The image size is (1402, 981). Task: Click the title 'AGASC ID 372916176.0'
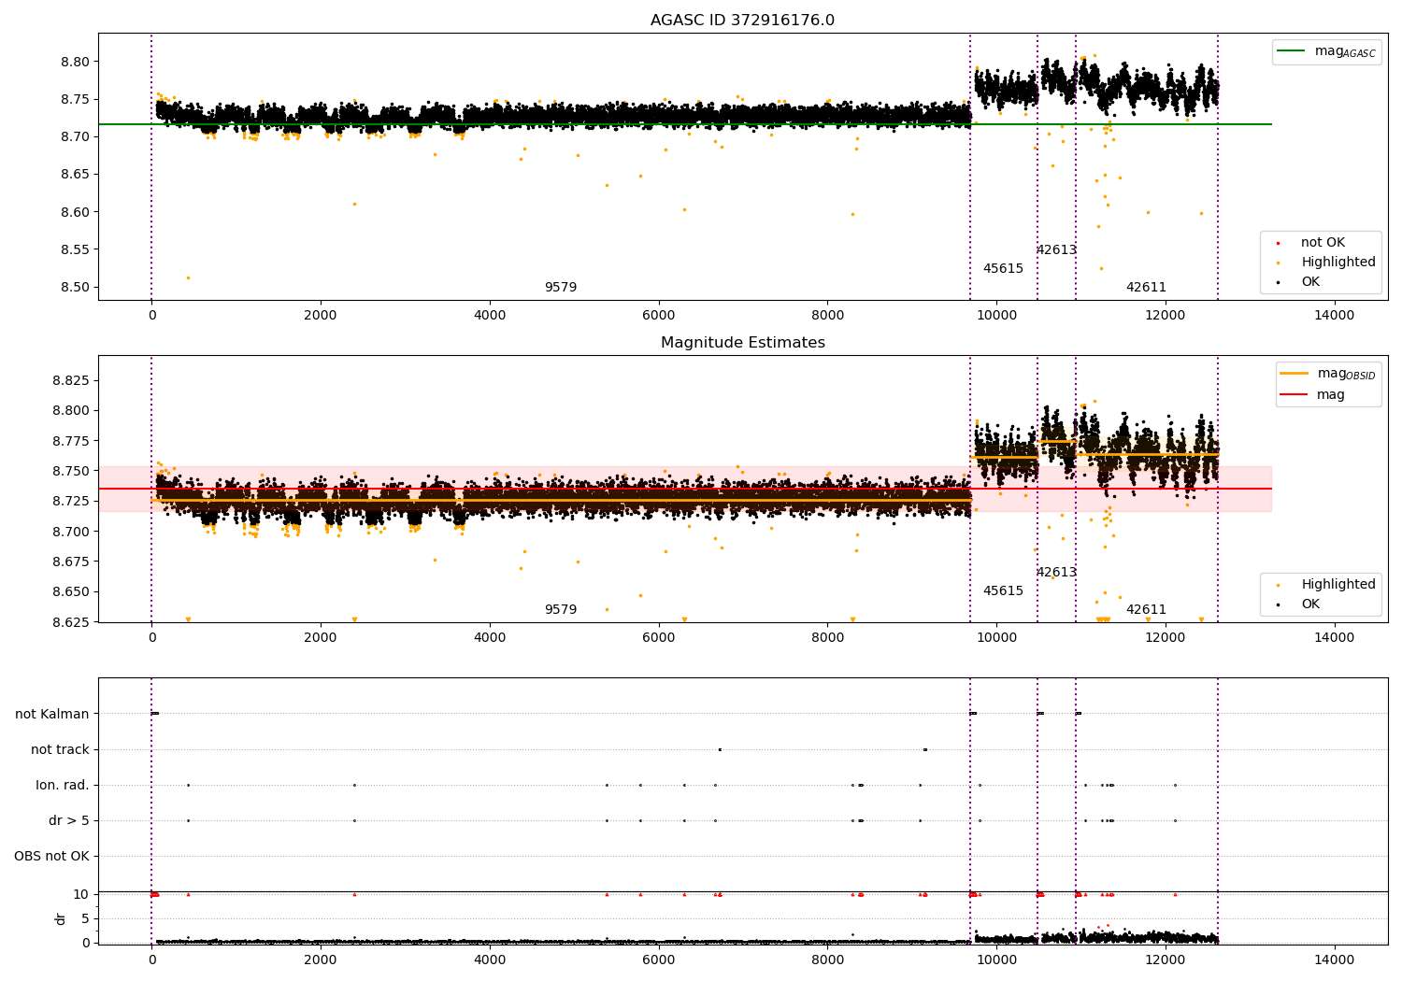pos(742,21)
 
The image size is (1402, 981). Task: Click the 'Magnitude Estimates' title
pos(742,343)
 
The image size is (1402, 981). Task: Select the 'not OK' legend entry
pos(1323,243)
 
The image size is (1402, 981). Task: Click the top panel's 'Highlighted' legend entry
pos(1338,263)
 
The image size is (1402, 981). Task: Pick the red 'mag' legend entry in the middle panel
pos(1331,394)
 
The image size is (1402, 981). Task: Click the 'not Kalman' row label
pos(52,714)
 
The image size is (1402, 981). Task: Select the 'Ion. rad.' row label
pos(63,785)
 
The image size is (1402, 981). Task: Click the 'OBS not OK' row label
pos(51,856)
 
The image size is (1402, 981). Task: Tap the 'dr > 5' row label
pos(69,820)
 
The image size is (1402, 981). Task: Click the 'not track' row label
pos(60,749)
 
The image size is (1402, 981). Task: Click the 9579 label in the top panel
pos(561,288)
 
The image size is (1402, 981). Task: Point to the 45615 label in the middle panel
pos(1003,591)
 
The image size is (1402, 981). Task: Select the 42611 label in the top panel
pos(1146,288)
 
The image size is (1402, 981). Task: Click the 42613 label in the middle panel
pos(1056,573)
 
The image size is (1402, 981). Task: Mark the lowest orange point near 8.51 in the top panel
pos(188,277)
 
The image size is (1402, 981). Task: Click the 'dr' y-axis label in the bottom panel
pos(61,918)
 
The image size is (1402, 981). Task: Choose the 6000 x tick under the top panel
pos(658,315)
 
